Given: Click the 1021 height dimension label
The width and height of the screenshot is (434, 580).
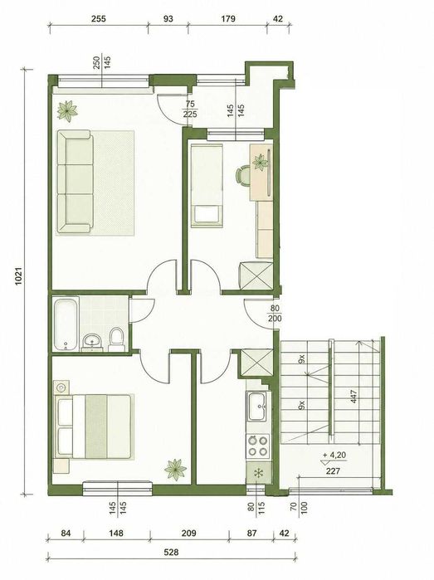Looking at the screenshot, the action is point(19,276).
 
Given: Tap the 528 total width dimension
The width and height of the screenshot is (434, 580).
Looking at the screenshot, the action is point(171,553).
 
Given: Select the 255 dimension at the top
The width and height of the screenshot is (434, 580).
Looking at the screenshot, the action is point(99,18).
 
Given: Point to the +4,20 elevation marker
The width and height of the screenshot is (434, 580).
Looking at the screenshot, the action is point(334,455).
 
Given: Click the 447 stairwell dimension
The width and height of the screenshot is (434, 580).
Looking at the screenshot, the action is point(354,397).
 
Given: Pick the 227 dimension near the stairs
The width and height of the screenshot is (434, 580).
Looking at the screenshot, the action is point(333,470).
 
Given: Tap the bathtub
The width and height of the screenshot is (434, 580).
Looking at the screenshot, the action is point(66,324).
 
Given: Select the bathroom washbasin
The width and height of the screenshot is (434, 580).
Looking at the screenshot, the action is point(92,341).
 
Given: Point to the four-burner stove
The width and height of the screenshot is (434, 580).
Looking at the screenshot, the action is point(258,446).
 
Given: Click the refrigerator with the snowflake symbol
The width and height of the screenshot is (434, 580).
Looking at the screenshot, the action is point(258,472).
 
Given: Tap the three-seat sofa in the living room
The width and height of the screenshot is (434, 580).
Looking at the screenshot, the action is point(76,182).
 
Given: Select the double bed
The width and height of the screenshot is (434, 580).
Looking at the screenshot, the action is point(93,426).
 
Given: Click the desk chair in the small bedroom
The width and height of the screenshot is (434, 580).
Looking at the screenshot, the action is point(242,175).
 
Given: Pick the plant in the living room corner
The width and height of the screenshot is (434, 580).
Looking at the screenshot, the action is point(67,110).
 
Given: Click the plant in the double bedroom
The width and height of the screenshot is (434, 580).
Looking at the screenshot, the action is point(175,470).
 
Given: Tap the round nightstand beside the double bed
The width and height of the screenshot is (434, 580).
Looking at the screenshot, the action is point(61,387).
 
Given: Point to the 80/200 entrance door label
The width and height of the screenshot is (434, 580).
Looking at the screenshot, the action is point(276,314).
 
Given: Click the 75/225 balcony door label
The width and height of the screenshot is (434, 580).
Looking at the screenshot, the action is point(190,109).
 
